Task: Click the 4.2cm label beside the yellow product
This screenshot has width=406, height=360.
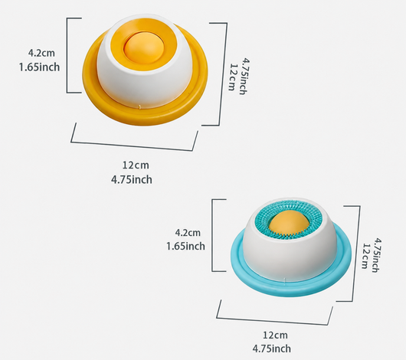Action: click(x=41, y=53)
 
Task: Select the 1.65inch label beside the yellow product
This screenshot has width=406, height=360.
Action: click(x=39, y=67)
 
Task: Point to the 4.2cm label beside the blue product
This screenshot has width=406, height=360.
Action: click(x=188, y=233)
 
